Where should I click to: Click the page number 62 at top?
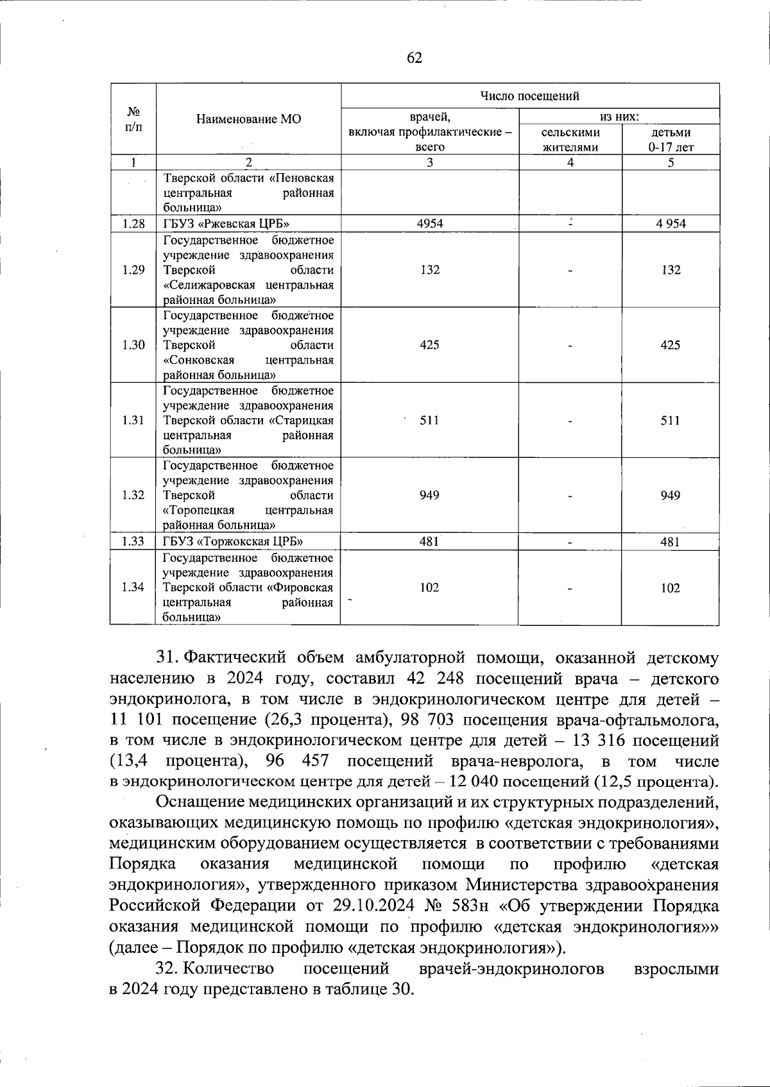tap(415, 58)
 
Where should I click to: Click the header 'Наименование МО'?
tap(248, 119)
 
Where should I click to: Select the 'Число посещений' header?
tap(529, 96)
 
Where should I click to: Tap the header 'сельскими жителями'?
tap(570, 139)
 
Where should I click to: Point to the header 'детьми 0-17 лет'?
tap(670, 139)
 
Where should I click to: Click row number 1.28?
tap(133, 224)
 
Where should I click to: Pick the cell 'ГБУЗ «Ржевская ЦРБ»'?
tap(226, 224)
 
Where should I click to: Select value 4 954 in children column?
tap(670, 224)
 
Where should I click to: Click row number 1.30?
tap(133, 345)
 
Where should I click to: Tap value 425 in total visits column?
tap(429, 345)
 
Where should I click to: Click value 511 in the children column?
tap(670, 421)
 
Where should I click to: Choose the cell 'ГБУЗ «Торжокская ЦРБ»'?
tap(233, 542)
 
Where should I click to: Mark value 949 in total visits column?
tap(429, 496)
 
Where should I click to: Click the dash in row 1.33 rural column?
tap(570, 543)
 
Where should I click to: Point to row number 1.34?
tap(133, 587)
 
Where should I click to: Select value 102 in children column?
tap(670, 588)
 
